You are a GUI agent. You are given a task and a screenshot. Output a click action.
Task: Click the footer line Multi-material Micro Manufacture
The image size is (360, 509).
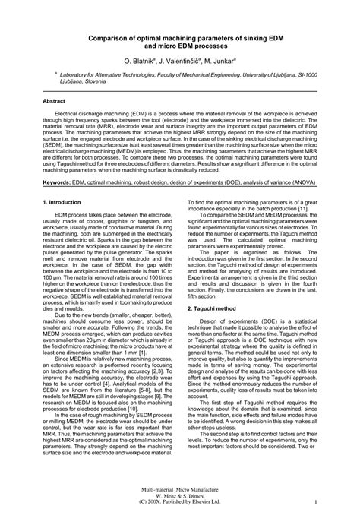180,485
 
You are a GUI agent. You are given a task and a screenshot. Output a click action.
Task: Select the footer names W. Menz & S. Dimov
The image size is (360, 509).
180,493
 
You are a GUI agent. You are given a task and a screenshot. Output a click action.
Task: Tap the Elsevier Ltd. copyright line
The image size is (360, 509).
180,501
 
